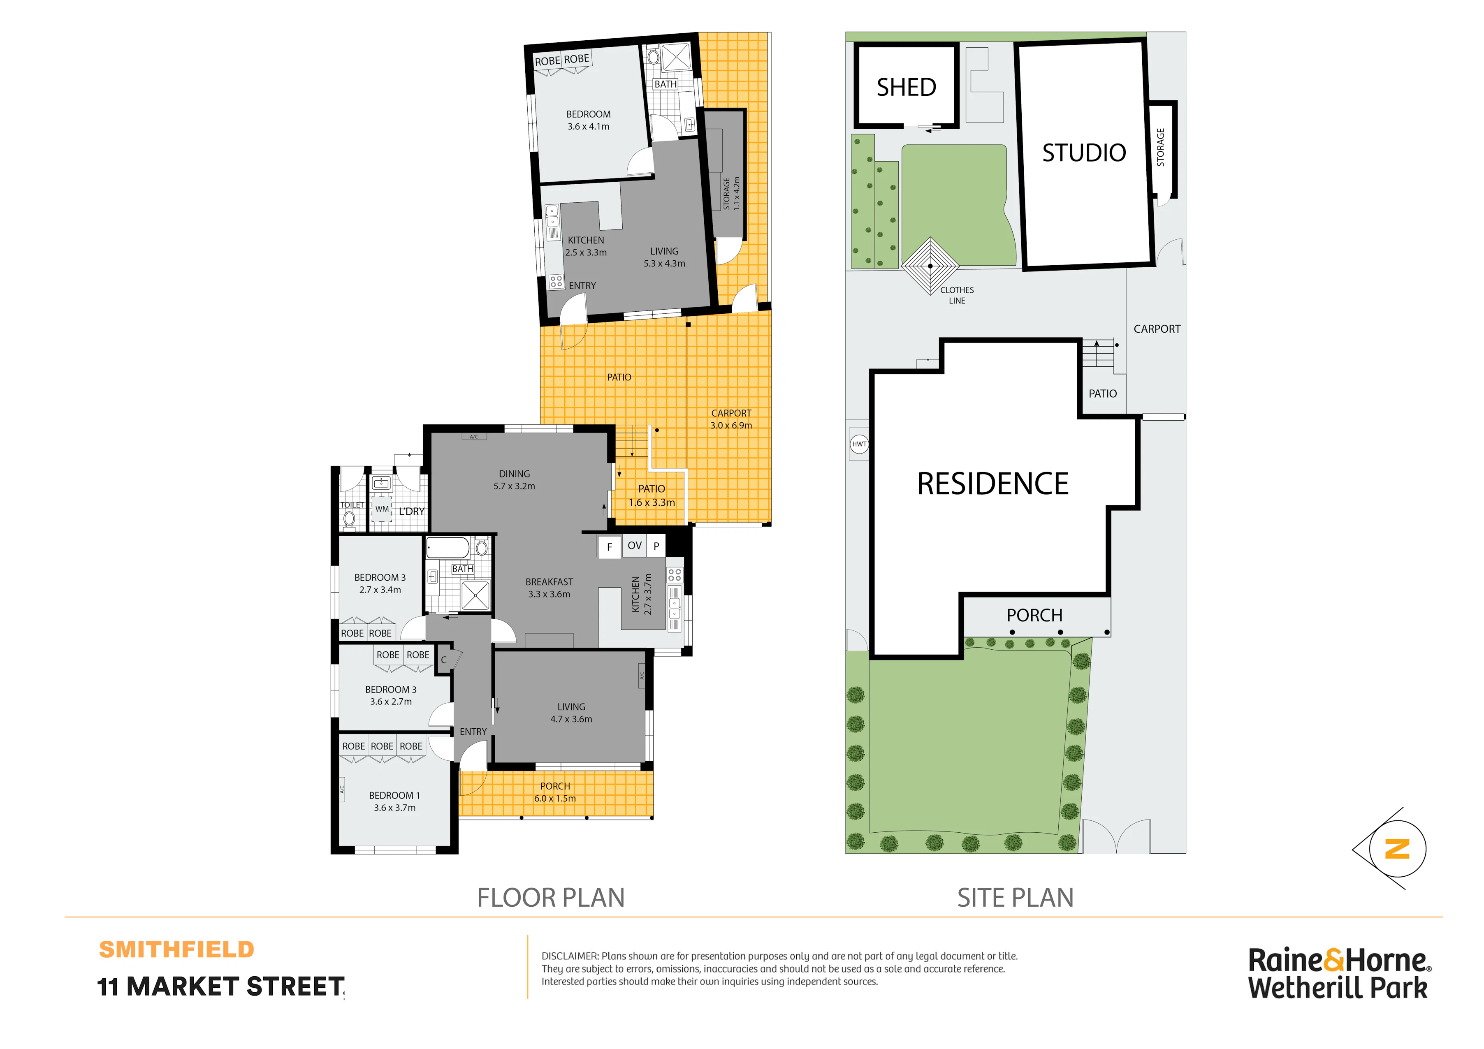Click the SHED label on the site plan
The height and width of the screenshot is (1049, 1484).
tap(906, 87)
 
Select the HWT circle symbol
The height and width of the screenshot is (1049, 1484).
tap(859, 444)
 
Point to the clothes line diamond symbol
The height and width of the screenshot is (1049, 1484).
tap(930, 266)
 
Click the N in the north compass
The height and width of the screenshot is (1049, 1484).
tap(1397, 849)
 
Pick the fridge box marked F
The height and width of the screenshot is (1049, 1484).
tap(609, 547)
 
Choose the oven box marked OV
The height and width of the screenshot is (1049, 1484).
tap(635, 546)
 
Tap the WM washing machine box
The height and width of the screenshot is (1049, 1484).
tap(382, 509)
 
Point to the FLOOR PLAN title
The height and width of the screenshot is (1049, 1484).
tap(551, 898)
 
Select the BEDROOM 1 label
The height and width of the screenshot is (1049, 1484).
tap(394, 796)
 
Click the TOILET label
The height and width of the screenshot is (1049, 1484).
tap(352, 505)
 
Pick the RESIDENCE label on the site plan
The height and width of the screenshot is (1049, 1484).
tap(993, 484)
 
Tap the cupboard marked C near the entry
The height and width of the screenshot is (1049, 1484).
tap(444, 660)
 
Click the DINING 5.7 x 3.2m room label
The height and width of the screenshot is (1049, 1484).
tap(515, 479)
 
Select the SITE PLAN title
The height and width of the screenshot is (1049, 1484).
tap(1016, 898)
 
